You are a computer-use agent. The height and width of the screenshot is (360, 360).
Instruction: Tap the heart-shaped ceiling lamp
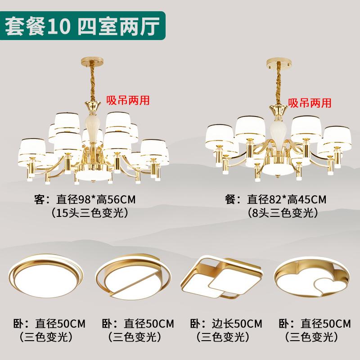pyautogui.click(x=312, y=276)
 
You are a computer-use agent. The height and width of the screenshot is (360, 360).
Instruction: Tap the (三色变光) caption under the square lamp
pyautogui.click(x=223, y=336)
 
